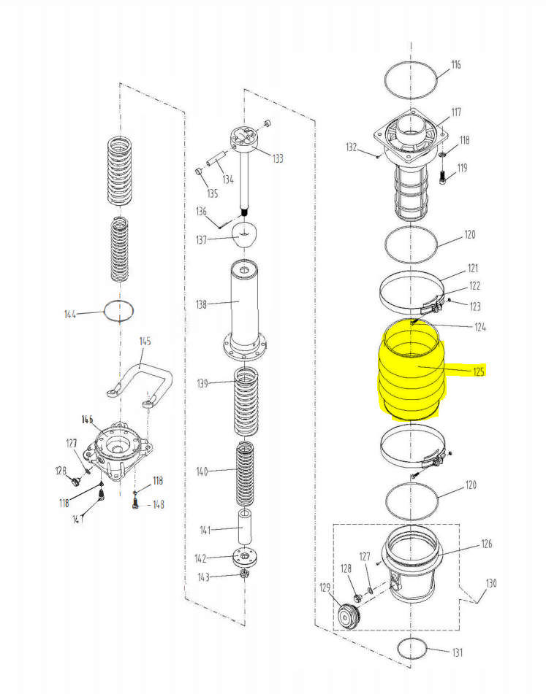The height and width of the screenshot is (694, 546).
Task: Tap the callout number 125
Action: coord(479,371)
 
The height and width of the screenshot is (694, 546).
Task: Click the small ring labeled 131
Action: coord(412,648)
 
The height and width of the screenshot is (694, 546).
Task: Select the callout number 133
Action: coord(278,158)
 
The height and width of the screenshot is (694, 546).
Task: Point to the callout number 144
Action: coord(70,315)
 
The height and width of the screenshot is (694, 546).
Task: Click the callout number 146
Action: coord(87,420)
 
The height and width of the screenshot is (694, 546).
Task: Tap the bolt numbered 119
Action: coord(443,176)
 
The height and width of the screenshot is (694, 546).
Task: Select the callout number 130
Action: coord(491,583)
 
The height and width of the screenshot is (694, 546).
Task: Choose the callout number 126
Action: coord(487,544)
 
